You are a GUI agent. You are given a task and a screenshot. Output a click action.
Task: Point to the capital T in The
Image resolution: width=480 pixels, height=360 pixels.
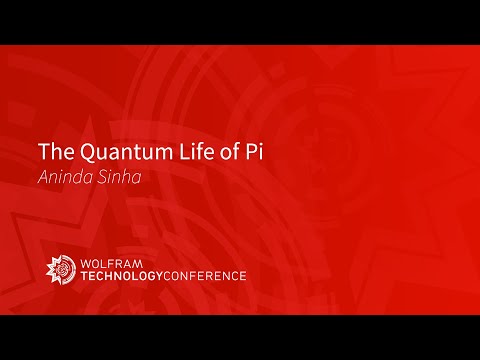click(x=43, y=153)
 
